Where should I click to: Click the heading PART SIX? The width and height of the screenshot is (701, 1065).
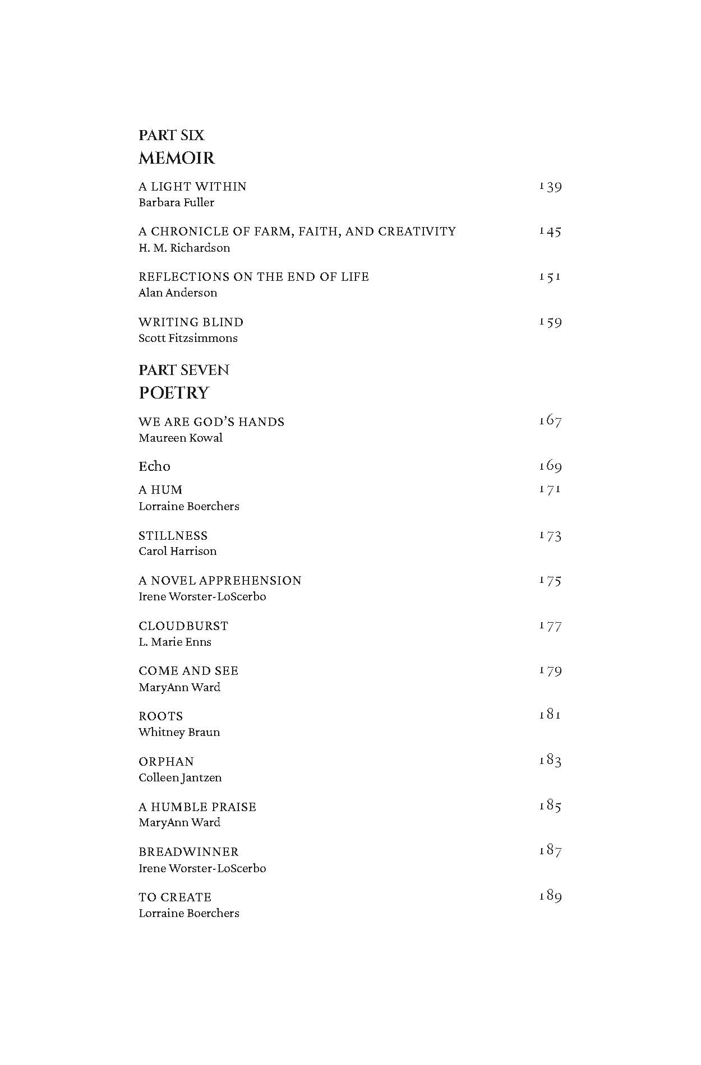[171, 135]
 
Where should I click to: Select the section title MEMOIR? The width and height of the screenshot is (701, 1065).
[177, 158]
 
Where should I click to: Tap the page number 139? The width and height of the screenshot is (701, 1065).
[550, 187]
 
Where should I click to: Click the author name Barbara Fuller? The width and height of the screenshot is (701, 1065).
[176, 202]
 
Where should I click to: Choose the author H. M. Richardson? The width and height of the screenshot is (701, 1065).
[184, 248]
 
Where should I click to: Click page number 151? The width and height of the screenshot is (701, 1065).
[550, 277]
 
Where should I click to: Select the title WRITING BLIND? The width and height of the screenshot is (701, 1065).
[191, 322]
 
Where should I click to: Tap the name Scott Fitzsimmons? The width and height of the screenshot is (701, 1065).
[188, 338]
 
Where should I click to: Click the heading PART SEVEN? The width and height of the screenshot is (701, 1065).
[184, 370]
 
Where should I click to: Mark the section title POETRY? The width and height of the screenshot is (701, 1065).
[174, 393]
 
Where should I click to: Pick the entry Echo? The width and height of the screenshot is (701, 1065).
[154, 466]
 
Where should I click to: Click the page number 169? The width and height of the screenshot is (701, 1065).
[550, 466]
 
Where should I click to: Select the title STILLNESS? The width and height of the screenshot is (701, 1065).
[173, 536]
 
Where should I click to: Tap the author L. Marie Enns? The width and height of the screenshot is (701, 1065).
[175, 642]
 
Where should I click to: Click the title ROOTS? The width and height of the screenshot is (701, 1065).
[160, 716]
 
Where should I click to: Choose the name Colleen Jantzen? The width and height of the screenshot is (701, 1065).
[180, 777]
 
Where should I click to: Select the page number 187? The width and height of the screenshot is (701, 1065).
[550, 851]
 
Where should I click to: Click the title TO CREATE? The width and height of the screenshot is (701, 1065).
[175, 897]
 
